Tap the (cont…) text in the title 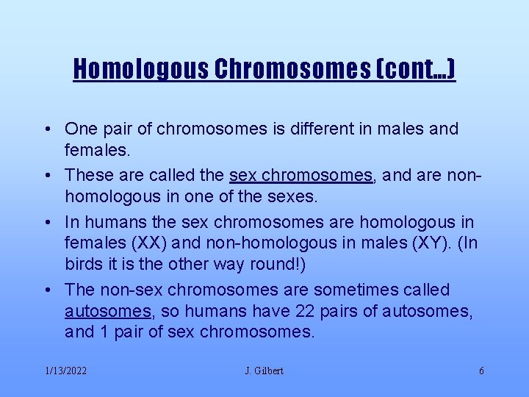coord(417,69)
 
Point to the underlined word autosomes coord(107,311)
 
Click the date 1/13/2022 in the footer coord(66,371)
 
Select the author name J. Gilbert coord(264,371)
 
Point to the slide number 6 coord(481,371)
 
